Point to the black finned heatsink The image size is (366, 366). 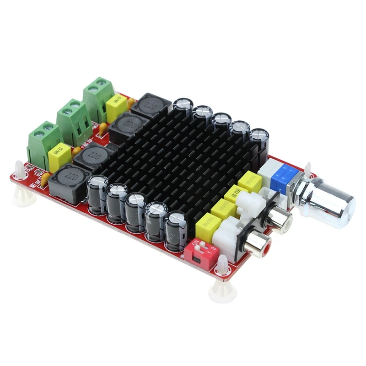(x=183, y=156)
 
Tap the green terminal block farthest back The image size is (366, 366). (x=97, y=96)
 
